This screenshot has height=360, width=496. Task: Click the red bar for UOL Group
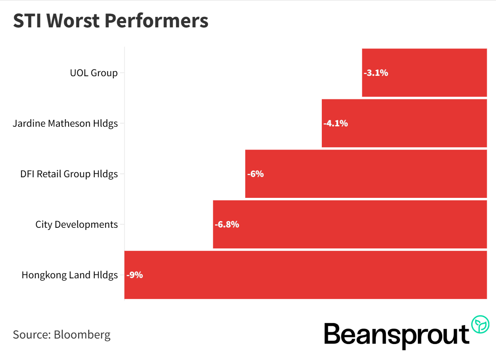pos(424,73)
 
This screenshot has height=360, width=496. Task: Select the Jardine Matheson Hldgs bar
pos(404,123)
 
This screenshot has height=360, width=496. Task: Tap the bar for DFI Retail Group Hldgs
pos(366,174)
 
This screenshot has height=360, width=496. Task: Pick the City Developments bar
pos(350,224)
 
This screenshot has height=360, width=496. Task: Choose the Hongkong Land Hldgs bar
pos(305,275)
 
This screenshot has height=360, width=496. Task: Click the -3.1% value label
pos(376,73)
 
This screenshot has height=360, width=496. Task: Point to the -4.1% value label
pos(336,123)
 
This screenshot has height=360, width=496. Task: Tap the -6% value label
pos(255,174)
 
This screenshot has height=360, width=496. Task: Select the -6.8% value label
pos(227,224)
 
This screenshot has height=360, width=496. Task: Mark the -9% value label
pos(135,275)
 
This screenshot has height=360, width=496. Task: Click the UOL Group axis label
pos(94,73)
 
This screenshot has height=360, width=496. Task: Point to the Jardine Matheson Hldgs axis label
pos(65,123)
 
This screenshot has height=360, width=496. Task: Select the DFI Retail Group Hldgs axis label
pos(69,174)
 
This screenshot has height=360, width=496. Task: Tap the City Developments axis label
pos(77,224)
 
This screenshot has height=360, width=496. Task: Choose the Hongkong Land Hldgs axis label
pos(70,275)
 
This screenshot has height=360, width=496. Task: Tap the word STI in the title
pos(26,21)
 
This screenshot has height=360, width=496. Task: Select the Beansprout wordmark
pos(396,335)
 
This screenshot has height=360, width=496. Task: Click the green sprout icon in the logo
pos(480,324)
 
